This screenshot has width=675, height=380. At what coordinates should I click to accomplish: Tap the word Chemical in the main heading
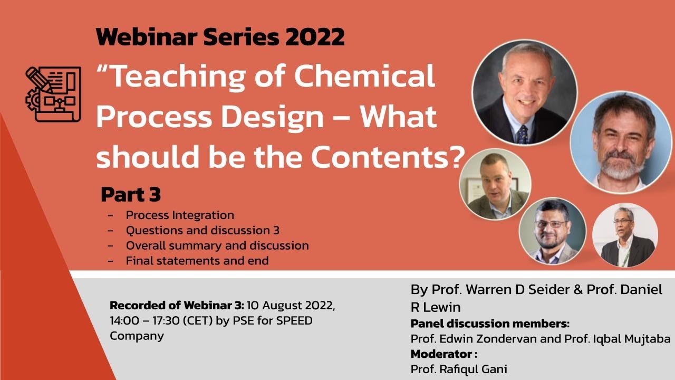[364, 76]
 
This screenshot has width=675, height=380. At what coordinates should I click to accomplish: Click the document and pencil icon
[53, 94]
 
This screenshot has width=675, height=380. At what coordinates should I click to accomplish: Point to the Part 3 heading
[130, 195]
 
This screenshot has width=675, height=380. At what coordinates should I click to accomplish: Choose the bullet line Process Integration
[179, 215]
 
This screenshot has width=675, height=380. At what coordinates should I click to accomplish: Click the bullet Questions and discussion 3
[202, 230]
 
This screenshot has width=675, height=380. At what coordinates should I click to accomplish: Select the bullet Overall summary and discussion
[217, 245]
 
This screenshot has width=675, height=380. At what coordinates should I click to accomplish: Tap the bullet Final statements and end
[197, 260]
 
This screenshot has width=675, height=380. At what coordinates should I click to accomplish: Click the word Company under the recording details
[137, 336]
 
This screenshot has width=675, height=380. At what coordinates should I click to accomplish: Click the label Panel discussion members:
[490, 324]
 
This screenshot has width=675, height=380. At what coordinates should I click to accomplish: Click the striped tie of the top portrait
[522, 134]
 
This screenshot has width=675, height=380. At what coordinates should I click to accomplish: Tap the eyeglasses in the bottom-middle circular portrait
[551, 223]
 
